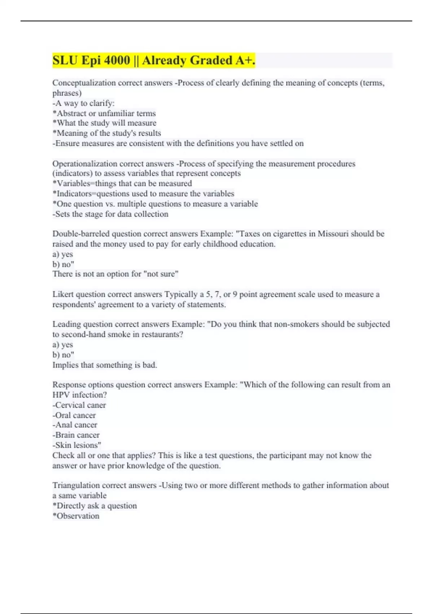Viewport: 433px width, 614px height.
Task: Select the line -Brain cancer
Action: pos(76,435)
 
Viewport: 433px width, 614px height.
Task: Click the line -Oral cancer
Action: pos(74,415)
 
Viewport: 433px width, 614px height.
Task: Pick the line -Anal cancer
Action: pos(75,425)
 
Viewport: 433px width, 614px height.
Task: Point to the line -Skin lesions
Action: pos(76,445)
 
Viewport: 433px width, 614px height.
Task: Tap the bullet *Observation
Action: pos(76,516)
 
